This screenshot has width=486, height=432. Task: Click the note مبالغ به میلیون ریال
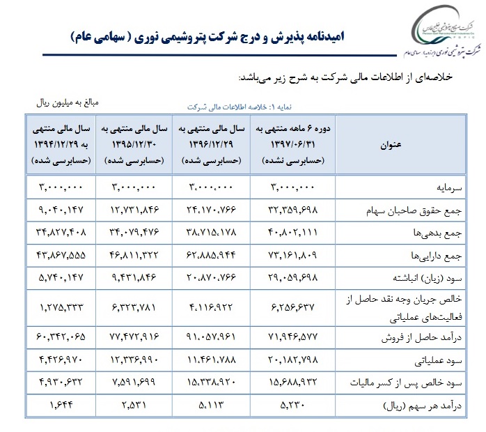[x=68, y=102]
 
